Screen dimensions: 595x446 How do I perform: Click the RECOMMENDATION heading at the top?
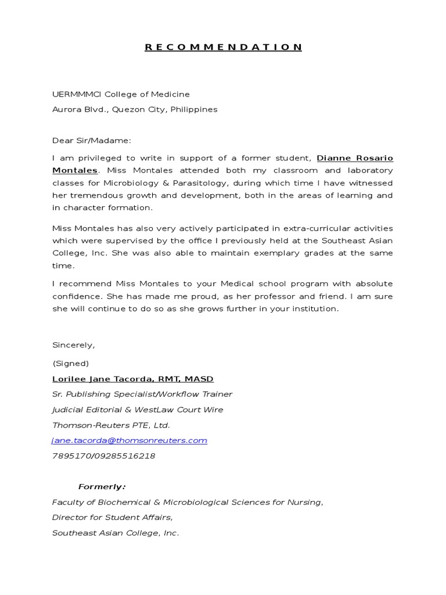click(x=223, y=47)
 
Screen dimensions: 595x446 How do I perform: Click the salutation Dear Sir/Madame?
click(x=92, y=140)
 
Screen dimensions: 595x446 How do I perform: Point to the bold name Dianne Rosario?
click(x=355, y=158)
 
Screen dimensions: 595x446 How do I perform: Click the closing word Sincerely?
click(x=73, y=345)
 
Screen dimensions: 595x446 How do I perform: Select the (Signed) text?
click(x=70, y=364)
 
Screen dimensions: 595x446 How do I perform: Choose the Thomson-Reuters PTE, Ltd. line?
click(x=111, y=425)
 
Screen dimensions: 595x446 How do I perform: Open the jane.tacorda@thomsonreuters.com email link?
click(x=130, y=440)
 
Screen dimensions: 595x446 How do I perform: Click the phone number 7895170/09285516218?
click(x=103, y=456)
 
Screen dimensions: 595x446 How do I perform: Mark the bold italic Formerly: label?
click(x=102, y=486)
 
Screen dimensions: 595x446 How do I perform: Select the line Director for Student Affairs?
click(x=112, y=517)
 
